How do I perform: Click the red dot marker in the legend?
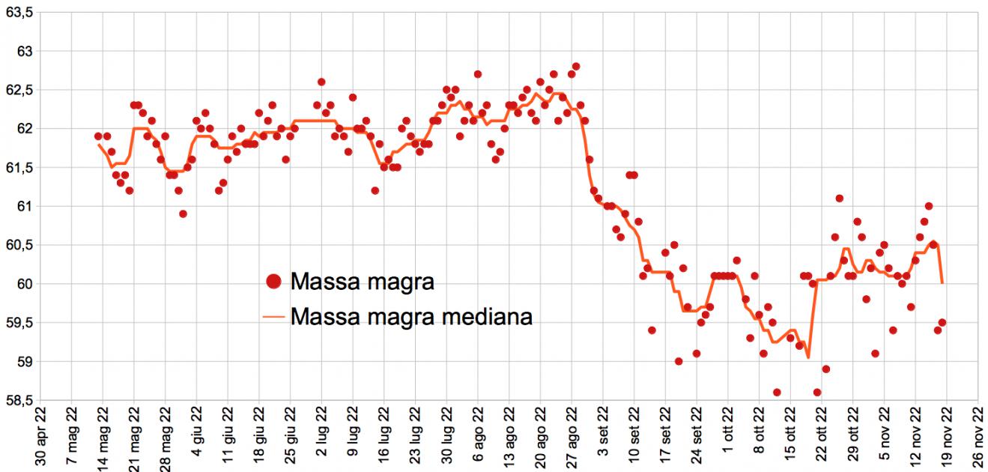(274, 282)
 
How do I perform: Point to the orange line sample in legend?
(274, 317)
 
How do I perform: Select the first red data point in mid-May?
(98, 136)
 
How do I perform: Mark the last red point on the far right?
(942, 323)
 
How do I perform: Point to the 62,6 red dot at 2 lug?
(321, 82)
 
